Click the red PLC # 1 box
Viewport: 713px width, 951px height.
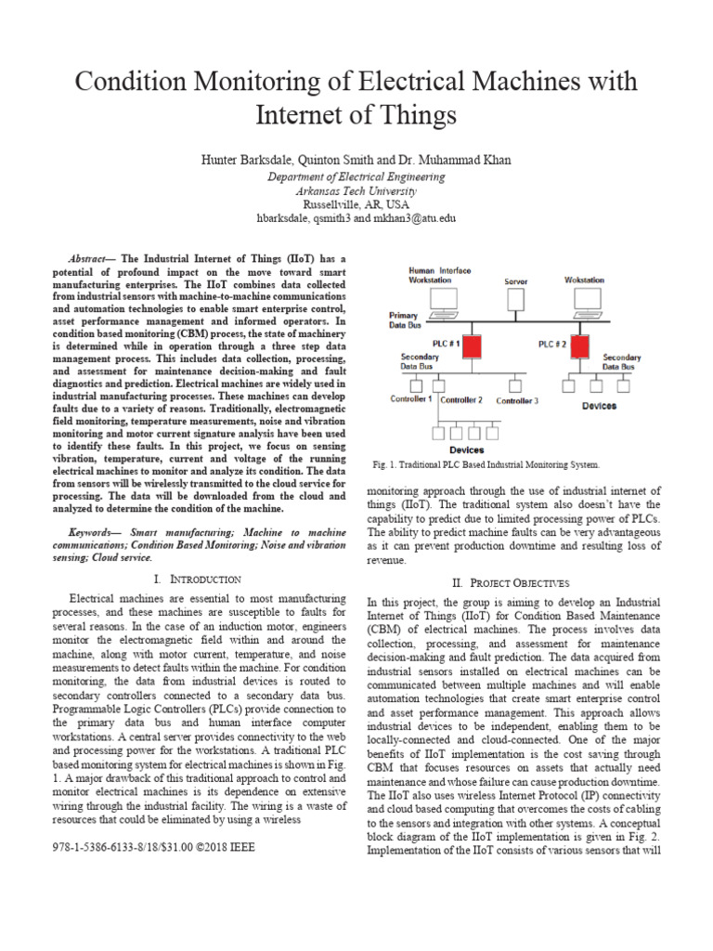pos(473,347)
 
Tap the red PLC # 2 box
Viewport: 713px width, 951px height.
pos(581,347)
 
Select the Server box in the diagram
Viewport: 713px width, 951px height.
pos(515,300)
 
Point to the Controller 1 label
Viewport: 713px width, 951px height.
pos(410,399)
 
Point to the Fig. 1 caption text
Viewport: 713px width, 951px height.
pos(486,463)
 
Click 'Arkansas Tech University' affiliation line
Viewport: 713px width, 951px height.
pos(356,190)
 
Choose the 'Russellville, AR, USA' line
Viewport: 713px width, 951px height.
pos(356,204)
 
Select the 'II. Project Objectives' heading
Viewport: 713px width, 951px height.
pos(510,582)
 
